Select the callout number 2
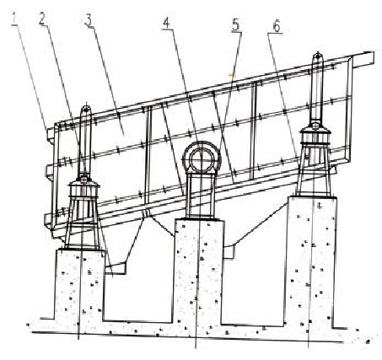click(x=42, y=19)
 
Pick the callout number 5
click(x=236, y=25)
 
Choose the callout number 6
click(x=277, y=27)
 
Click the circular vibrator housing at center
click(x=202, y=158)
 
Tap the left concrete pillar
click(x=80, y=285)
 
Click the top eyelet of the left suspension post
click(x=86, y=109)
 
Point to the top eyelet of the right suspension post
click(x=317, y=56)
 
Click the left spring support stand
click(x=83, y=213)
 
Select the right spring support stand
click(x=315, y=162)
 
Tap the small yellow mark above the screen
click(x=232, y=75)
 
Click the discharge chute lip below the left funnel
click(x=116, y=268)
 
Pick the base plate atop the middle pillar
click(x=199, y=218)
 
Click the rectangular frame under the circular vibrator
click(x=202, y=195)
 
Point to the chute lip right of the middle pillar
click(x=229, y=252)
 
